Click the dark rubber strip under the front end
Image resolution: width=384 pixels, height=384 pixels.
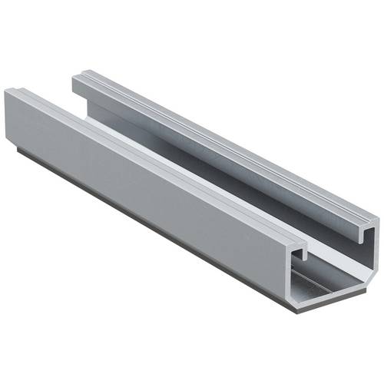pyautogui.click(x=330, y=305)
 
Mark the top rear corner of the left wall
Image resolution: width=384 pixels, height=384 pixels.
pyautogui.click(x=7, y=91)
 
